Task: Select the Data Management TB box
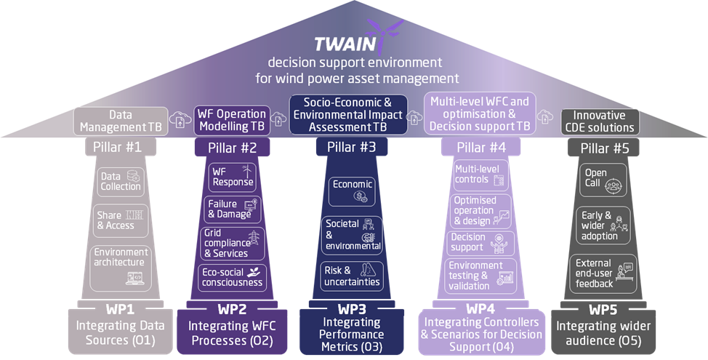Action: (x=121, y=121)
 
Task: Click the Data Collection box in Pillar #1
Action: (x=121, y=181)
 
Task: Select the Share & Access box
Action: (x=121, y=220)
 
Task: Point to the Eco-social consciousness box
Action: (x=233, y=278)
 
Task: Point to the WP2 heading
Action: (x=233, y=308)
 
